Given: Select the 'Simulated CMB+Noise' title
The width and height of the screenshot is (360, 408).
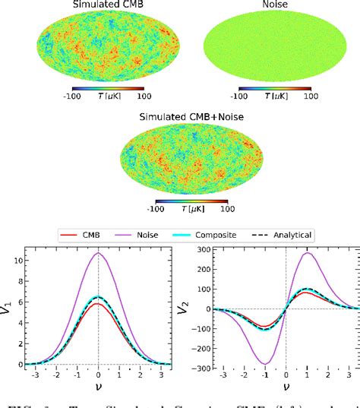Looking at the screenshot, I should coord(187,118).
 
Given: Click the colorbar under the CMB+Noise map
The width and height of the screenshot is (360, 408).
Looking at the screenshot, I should coord(187,200).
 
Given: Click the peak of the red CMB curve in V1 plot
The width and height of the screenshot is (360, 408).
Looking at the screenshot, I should coord(98,305).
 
